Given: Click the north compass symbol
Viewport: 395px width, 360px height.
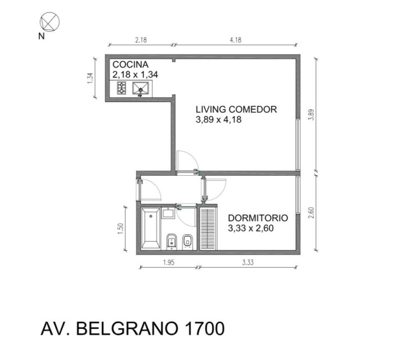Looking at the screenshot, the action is click(49, 22).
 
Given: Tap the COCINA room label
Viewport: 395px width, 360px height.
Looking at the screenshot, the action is click(130, 64).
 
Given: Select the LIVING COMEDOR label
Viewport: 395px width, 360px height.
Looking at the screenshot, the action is click(236, 109).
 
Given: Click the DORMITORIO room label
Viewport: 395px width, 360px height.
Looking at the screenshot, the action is click(258, 218).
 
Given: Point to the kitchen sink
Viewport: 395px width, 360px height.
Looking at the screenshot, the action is click(141, 89).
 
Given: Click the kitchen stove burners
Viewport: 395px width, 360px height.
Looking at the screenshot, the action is click(121, 88).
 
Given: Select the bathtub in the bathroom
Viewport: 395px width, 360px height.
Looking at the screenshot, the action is click(150, 228).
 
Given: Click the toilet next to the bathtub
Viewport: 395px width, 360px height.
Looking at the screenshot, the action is click(171, 241).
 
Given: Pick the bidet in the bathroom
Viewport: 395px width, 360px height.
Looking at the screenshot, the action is click(187, 241).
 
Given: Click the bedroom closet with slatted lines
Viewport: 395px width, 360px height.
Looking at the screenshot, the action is click(208, 228).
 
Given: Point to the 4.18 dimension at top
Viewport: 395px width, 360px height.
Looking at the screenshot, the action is click(235, 40).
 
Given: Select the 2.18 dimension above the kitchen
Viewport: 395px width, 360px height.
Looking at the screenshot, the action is click(141, 40).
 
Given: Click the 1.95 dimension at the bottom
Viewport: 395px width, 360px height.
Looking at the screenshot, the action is click(169, 263).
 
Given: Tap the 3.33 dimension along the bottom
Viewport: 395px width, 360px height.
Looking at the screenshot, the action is click(248, 263).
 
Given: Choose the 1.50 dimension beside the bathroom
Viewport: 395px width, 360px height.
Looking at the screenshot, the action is click(120, 229).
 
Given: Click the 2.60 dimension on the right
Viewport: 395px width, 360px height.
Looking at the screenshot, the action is click(311, 213).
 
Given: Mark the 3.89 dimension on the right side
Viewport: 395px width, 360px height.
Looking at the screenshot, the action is click(311, 114).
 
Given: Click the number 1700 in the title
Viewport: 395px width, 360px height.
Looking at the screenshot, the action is click(205, 328).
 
